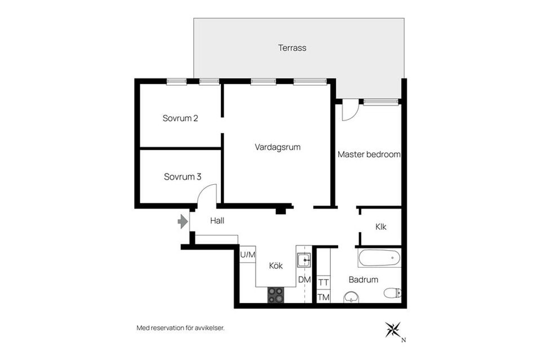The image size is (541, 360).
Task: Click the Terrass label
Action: (292, 48)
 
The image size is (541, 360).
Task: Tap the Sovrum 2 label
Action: (180, 118)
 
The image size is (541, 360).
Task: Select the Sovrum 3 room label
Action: (182, 177)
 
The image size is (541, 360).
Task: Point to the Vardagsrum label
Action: (277, 147)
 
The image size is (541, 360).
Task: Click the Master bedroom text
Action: (369, 154)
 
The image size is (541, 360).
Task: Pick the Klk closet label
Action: (381, 226)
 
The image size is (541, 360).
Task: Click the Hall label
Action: (217, 221)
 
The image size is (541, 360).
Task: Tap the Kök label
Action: (276, 266)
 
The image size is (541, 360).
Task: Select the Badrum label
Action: (363, 279)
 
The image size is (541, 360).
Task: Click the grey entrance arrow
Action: (183, 221)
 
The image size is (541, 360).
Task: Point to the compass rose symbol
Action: (393, 329)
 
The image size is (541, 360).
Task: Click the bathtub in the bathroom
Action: (379, 259)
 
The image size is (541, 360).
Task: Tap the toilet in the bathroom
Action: (392, 293)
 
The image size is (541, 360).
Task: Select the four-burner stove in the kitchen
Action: (276, 295)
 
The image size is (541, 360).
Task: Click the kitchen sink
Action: (304, 260)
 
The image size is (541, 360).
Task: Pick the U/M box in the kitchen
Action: (247, 255)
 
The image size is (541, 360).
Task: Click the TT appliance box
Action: (323, 282)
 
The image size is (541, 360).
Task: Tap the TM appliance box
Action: (323, 297)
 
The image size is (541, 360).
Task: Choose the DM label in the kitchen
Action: (304, 280)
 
